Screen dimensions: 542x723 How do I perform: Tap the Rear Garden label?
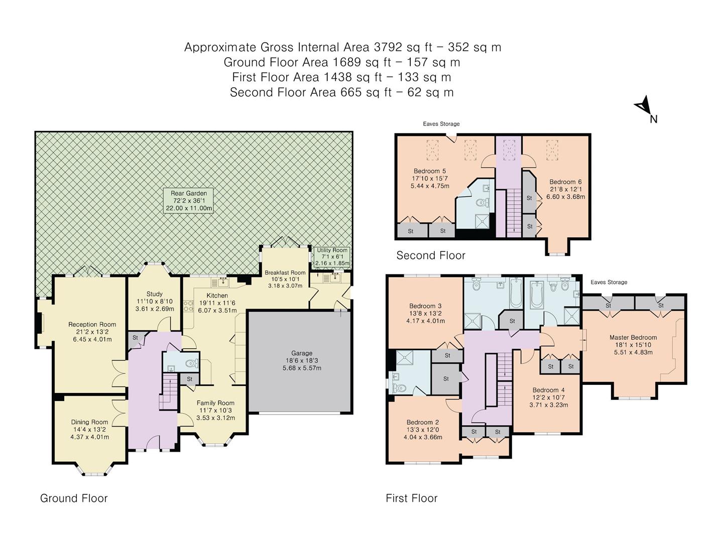(189, 193)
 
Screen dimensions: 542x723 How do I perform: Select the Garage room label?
(302, 353)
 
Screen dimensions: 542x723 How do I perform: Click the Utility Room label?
(332, 250)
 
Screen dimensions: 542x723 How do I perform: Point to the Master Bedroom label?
(633, 338)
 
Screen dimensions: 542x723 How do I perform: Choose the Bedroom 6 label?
(565, 182)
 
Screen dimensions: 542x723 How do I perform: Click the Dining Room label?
(89, 422)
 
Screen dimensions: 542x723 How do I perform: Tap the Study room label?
(155, 294)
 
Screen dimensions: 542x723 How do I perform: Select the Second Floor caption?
(431, 255)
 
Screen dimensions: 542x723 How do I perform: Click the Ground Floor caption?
(74, 498)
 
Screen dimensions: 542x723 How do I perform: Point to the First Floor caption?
(412, 498)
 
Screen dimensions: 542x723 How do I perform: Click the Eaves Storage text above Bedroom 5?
(441, 124)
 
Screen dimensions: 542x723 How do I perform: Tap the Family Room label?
(215, 403)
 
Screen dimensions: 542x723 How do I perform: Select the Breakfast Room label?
(285, 273)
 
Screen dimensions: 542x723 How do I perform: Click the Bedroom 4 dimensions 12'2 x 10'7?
(548, 397)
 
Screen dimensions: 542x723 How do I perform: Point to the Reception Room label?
(92, 325)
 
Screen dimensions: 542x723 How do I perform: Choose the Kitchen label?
(217, 296)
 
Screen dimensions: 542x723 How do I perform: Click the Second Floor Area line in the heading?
(341, 92)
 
